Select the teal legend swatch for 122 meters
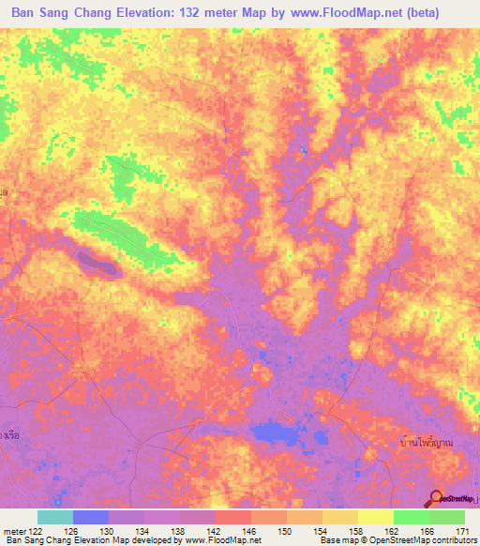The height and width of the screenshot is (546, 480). point(55,517)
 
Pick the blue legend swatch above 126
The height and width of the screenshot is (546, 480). point(91,517)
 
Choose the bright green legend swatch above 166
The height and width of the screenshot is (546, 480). point(412,517)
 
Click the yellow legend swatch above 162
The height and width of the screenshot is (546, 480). point(376,517)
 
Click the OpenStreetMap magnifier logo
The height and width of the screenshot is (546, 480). point(437,498)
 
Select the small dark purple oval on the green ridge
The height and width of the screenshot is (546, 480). point(97,264)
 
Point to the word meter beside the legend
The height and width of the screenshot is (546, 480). point(15,531)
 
